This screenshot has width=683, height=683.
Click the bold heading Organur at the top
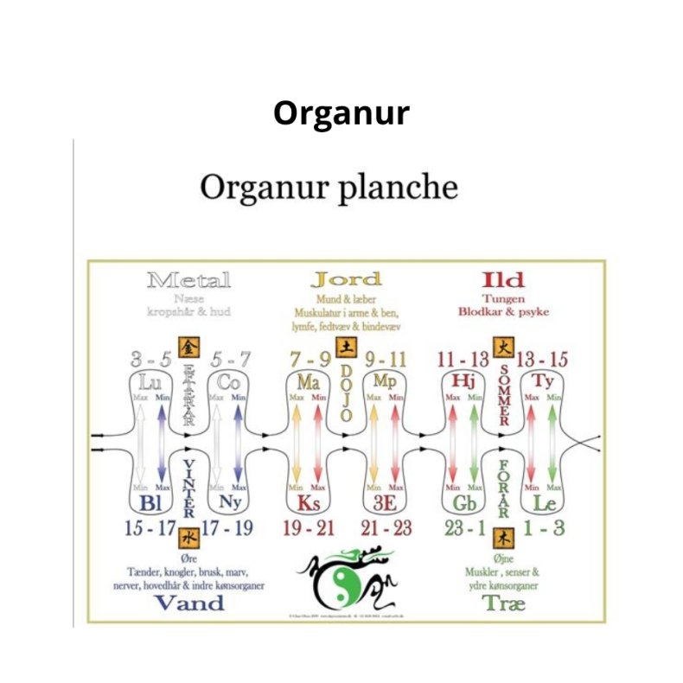tap(341, 113)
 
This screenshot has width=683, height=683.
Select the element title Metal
tap(188, 280)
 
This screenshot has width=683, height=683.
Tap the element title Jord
tap(346, 279)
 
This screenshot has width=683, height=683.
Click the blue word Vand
tap(188, 603)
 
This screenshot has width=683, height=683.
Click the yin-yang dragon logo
tap(346, 575)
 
